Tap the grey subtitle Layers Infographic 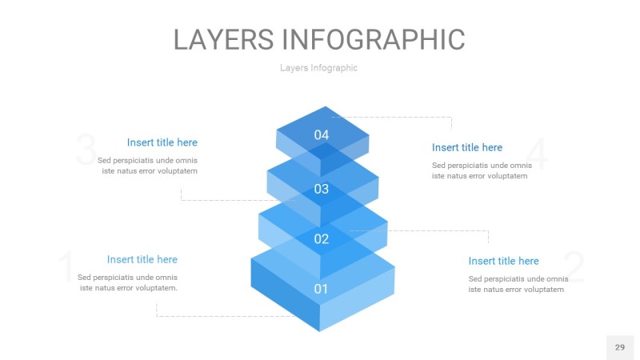(318, 68)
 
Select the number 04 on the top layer (322, 135)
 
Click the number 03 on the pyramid (322, 190)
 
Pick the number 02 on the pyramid (322, 238)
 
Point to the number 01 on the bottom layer (321, 289)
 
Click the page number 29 (619, 347)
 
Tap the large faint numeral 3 (86, 151)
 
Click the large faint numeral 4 (538, 155)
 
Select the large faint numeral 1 (66, 267)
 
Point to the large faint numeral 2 (574, 268)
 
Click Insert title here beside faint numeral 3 (162, 142)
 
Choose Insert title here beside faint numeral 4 (467, 147)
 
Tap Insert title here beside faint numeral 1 (142, 259)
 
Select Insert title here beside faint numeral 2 (503, 261)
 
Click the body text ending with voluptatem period (128, 282)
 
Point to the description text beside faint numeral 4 (479, 170)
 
